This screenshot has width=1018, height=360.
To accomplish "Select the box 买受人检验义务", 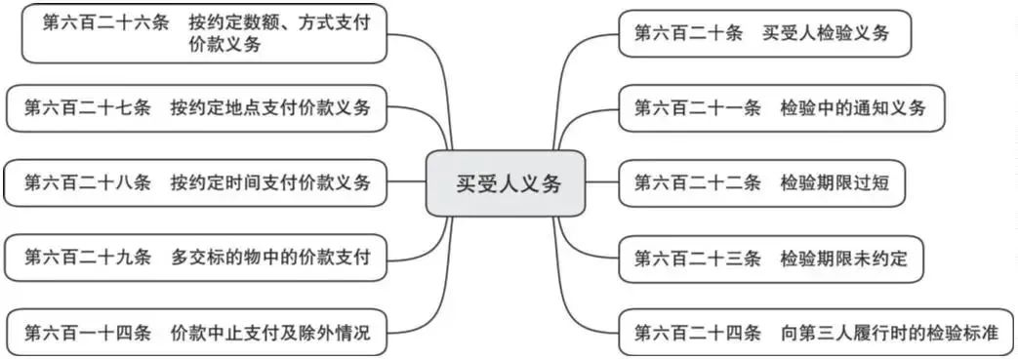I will tap(765, 33).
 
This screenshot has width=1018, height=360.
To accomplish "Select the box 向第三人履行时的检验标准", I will tap(816, 333).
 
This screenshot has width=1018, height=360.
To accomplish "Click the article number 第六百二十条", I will tap(687, 33).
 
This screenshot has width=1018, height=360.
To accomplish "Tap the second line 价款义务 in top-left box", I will tap(225, 45).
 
